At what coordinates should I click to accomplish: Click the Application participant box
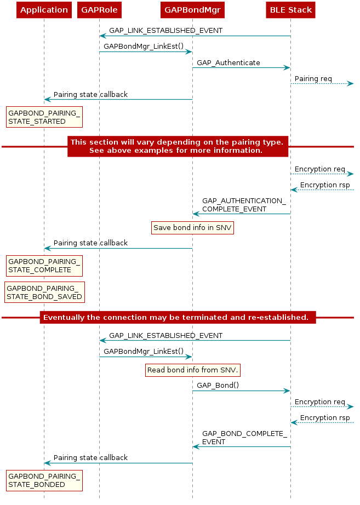coord(44,10)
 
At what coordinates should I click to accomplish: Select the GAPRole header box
coord(99,10)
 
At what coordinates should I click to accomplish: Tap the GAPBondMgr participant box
coord(192,10)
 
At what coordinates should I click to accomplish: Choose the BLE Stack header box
coord(291,10)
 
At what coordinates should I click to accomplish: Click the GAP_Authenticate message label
coord(228,63)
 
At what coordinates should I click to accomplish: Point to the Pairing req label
coord(313,79)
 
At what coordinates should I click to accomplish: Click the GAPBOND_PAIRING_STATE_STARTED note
coord(44,117)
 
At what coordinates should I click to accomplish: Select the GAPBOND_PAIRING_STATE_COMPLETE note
coord(44,266)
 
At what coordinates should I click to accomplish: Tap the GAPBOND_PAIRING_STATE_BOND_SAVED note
coord(44,292)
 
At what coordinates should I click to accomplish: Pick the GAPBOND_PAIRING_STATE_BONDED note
coord(44,480)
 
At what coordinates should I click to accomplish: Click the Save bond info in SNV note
coord(192,228)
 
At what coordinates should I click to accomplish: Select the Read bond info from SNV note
coord(193,370)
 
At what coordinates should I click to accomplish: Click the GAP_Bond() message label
coord(218,386)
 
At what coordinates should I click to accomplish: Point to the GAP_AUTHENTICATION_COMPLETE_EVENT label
coord(244,205)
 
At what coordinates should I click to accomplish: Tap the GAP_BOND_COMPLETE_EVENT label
coord(244,438)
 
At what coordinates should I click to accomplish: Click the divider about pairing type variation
coord(178,147)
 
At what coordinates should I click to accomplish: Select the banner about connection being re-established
coord(178,318)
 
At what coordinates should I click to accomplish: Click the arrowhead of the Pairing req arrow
coord(351,84)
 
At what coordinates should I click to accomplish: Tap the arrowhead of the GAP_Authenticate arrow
coord(287,67)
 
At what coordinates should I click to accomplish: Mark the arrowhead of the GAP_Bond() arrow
coord(287,391)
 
